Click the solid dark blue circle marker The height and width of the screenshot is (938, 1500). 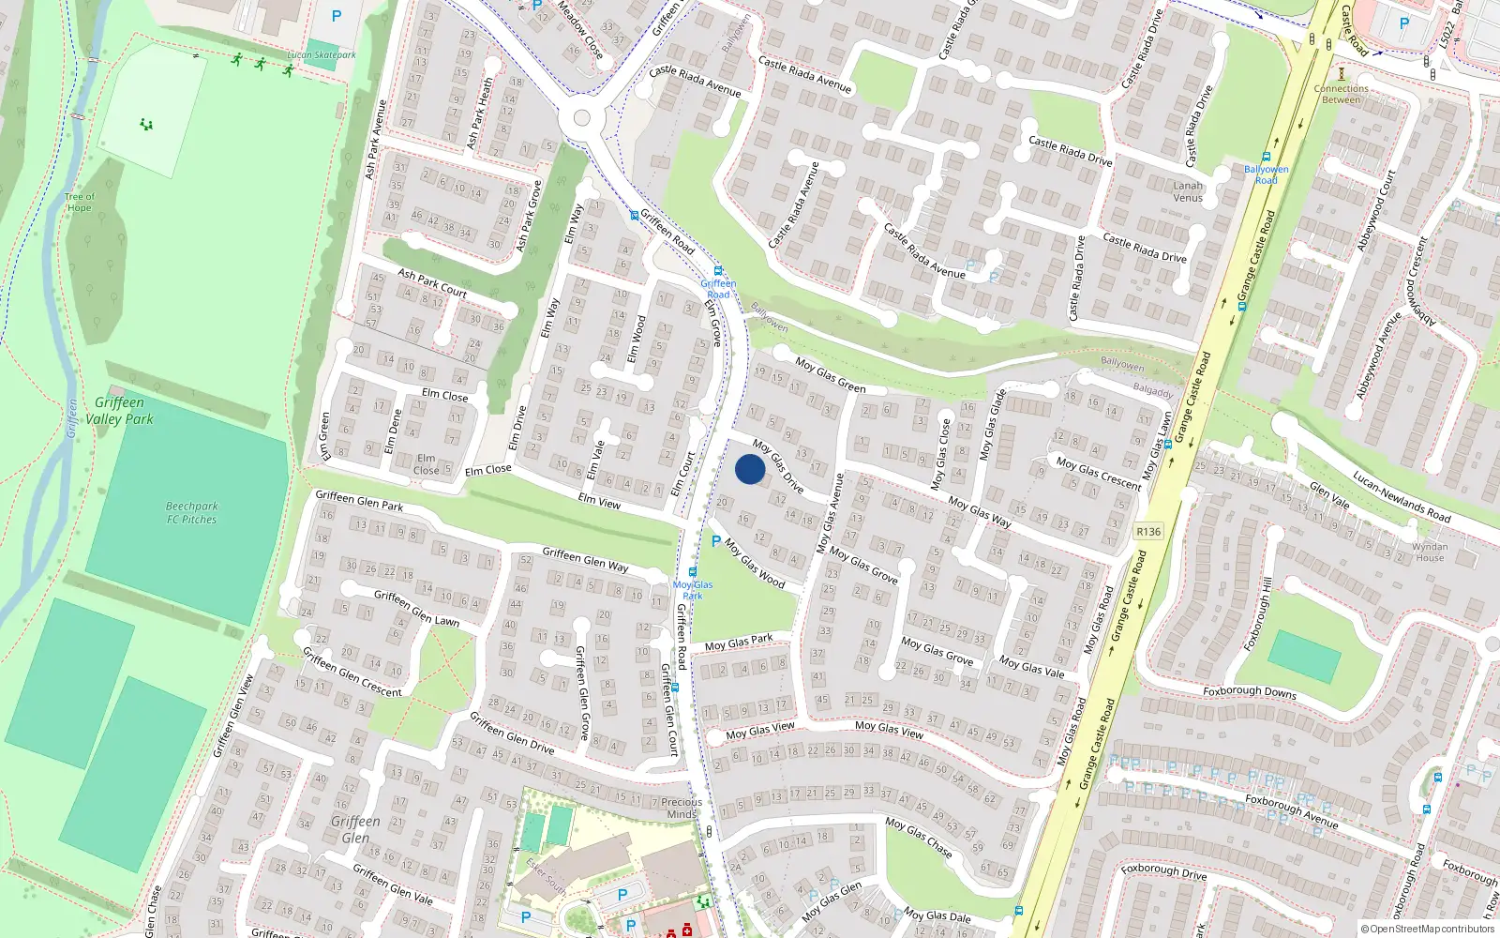tap(750, 469)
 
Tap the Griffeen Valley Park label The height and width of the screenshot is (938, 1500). tap(119, 411)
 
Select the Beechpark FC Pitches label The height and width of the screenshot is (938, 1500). tap(191, 512)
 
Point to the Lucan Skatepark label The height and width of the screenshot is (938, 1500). tap(322, 54)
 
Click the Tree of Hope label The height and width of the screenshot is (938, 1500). tap(80, 202)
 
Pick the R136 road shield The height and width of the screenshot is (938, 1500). tap(1148, 531)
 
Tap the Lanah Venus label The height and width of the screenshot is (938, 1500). tap(1188, 191)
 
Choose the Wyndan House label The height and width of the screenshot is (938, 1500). tap(1430, 552)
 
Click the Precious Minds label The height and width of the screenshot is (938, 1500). tap(682, 808)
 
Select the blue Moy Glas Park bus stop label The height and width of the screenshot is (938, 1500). tap(693, 590)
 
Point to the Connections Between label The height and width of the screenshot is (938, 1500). tap(1341, 94)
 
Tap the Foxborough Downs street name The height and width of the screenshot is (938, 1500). tap(1250, 692)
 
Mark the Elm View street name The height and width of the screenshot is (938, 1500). tap(599, 501)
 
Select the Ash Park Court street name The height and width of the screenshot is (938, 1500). tap(432, 282)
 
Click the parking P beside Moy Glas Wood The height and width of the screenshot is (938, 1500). tap(716, 541)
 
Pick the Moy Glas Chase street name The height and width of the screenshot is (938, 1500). tap(919, 836)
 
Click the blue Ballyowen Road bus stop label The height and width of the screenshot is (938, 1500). tap(1267, 174)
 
